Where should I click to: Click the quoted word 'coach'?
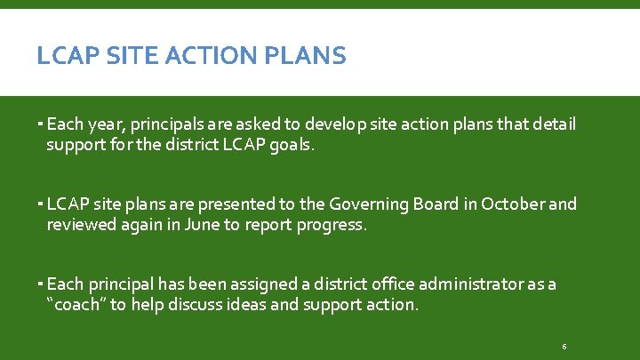coord(74,304)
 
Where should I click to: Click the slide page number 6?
coord(564,345)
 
